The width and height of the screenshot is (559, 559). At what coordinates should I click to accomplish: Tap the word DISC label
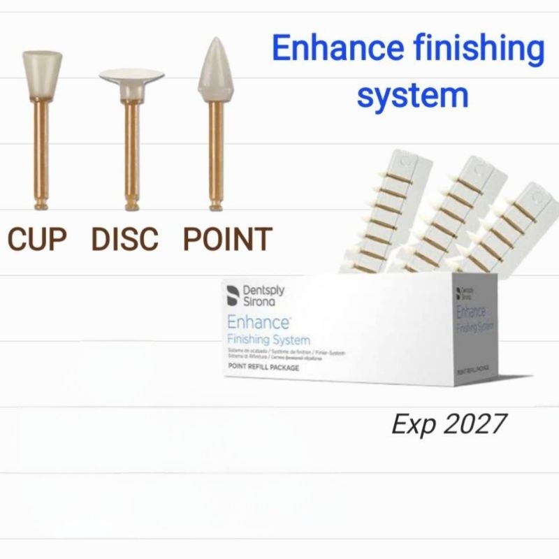pos(125,239)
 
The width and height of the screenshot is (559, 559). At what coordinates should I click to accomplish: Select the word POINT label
pos(227,239)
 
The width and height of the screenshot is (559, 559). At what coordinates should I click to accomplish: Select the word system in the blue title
pos(412,94)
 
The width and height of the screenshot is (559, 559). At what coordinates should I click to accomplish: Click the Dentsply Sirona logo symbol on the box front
pos(233,296)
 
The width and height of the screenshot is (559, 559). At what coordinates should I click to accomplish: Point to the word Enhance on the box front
pos(258,324)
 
